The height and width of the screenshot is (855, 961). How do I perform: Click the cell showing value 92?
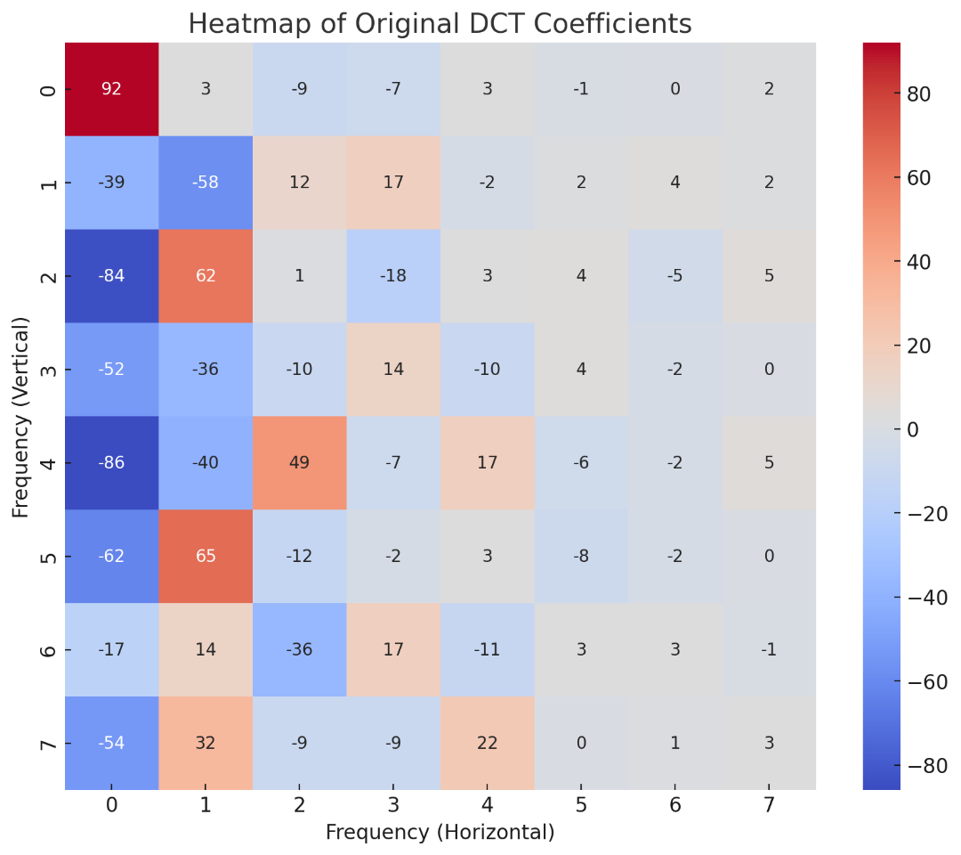[x=111, y=89]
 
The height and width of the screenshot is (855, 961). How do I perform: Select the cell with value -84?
[x=111, y=275]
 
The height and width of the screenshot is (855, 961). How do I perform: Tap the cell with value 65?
[x=206, y=556]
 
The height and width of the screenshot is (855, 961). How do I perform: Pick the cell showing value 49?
[x=299, y=462]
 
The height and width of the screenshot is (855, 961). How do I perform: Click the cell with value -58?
[x=206, y=183]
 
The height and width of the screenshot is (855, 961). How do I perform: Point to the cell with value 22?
[x=487, y=742]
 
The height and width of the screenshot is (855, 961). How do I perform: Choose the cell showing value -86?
[x=111, y=462]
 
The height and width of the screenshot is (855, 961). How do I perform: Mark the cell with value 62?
[x=206, y=275]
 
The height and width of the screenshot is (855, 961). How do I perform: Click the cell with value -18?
[x=393, y=275]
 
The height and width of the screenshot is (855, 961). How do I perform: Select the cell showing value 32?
[x=206, y=742]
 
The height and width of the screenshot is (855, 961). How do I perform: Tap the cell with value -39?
[x=111, y=183]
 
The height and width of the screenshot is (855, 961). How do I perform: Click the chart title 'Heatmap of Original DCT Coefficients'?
[x=440, y=24]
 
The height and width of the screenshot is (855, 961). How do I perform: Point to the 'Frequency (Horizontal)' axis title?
[x=440, y=832]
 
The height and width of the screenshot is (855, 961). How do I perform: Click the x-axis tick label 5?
[x=581, y=806]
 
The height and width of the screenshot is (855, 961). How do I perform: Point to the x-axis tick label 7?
[x=769, y=806]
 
